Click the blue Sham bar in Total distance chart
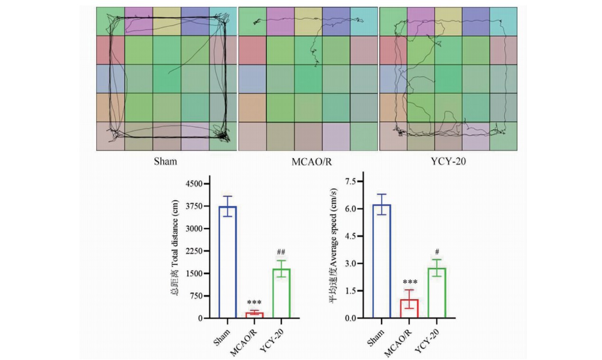pos(227,262)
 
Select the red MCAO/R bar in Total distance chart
pos(254,315)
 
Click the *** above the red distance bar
pos(254,303)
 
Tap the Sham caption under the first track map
pos(165,161)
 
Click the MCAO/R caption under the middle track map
pos(308,161)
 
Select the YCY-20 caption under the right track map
pos(448,161)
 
